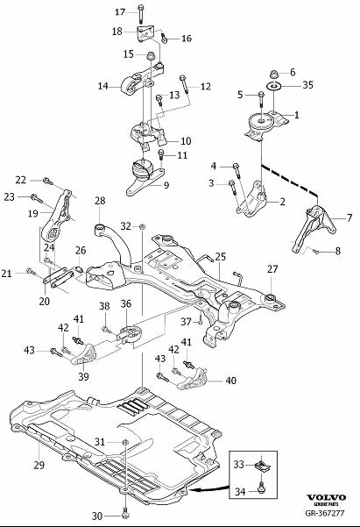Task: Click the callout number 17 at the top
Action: (120, 12)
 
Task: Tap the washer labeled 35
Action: (273, 86)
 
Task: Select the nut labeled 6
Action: (274, 74)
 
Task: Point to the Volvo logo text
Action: (326, 498)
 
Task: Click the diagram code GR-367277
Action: (324, 513)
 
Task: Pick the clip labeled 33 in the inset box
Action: (261, 466)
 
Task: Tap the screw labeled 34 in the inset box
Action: (261, 488)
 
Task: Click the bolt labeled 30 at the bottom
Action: (125, 512)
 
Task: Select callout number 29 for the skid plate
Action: (39, 465)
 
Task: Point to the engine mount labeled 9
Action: (145, 177)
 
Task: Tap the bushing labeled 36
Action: (130, 334)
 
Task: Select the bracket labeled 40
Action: (193, 380)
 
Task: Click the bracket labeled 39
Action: (83, 355)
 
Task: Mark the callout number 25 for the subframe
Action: (221, 257)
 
